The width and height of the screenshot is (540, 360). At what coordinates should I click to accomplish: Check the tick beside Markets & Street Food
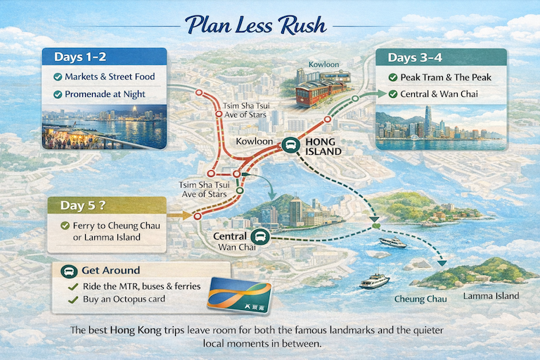pyautogui.click(x=58, y=77)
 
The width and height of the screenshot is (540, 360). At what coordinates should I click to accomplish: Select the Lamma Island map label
pyautogui.click(x=491, y=295)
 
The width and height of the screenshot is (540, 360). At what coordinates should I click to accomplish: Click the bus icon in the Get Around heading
pyautogui.click(x=70, y=271)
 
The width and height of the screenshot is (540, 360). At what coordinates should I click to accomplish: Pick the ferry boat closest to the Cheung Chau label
pyautogui.click(x=374, y=281)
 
